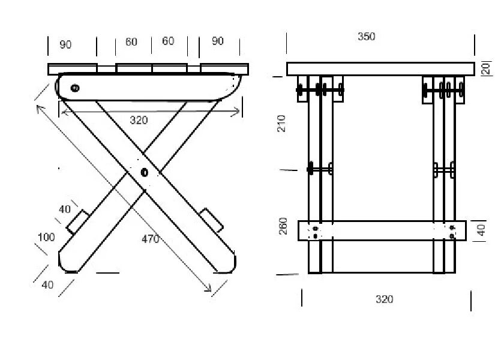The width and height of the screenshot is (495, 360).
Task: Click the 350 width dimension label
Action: tap(366, 37)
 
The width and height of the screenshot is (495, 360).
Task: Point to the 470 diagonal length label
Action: tap(150, 239)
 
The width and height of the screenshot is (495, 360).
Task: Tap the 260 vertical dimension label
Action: tap(283, 226)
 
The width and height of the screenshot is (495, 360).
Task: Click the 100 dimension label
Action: tap(46, 237)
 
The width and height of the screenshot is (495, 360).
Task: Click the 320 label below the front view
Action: tap(384, 299)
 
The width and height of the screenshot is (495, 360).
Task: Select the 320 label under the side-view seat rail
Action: tap(139, 120)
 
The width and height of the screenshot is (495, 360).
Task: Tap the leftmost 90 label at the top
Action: tap(65, 45)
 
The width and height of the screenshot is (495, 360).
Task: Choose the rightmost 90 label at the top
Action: tap(218, 41)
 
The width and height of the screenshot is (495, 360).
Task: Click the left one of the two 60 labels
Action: tap(131, 42)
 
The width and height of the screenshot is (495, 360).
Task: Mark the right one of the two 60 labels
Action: tap(168, 41)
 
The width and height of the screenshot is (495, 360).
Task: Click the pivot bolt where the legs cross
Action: tap(144, 173)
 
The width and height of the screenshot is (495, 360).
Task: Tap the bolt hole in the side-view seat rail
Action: tap(75, 88)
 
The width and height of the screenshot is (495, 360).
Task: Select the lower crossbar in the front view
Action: tap(382, 231)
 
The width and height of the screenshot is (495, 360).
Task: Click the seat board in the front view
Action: tap(380, 69)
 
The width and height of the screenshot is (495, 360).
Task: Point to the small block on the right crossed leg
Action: tap(212, 219)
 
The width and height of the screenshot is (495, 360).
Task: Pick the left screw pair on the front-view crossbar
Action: tap(316, 232)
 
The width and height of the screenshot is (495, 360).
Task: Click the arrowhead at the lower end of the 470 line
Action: tap(209, 290)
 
